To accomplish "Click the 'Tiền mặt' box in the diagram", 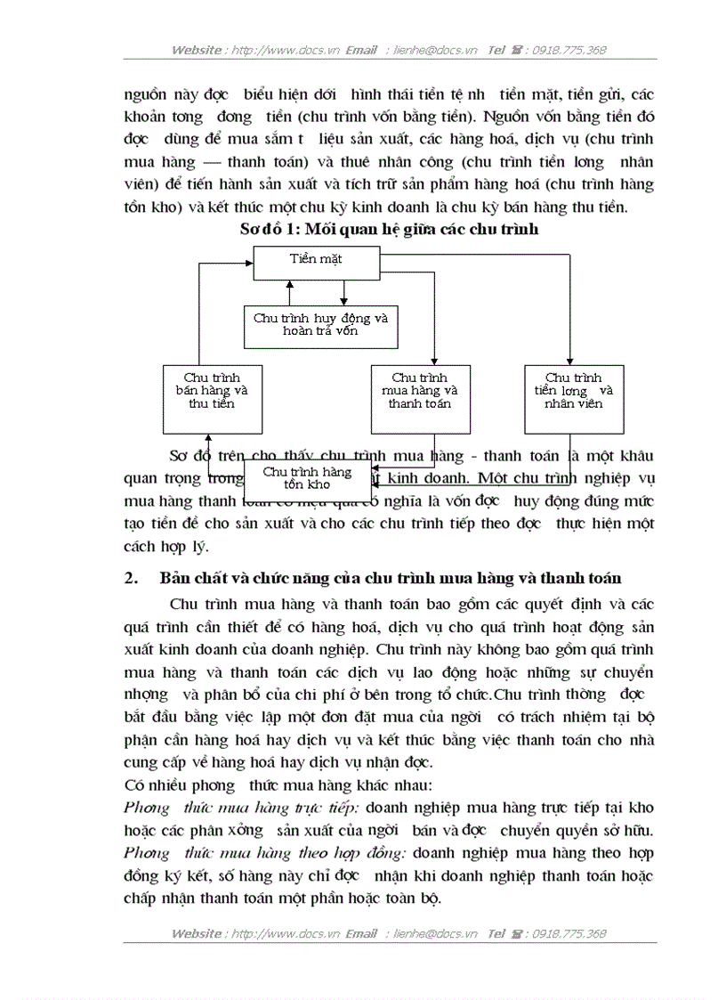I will pos(316,259).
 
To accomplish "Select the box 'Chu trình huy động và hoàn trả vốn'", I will pos(320,324).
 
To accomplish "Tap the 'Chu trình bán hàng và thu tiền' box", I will pos(212,391).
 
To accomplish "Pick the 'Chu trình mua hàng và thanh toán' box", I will pos(420,391).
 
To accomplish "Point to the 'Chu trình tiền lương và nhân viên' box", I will pos(573,391).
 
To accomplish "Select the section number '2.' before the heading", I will pos(133,579).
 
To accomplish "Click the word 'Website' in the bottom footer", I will pos(197,934).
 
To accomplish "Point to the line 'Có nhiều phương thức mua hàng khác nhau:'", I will pos(278,785).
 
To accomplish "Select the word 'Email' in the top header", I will pos(361,50).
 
